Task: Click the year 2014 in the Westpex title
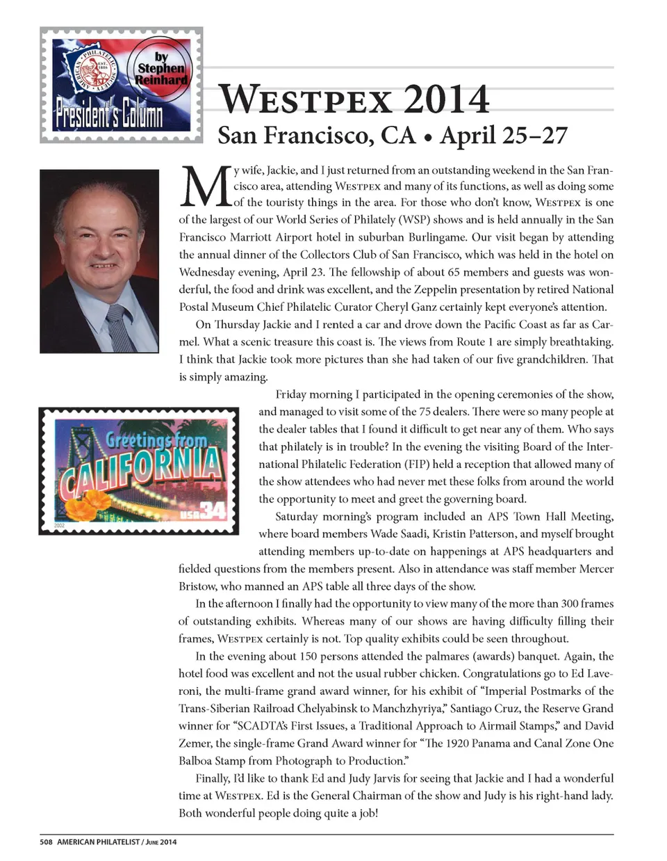point(446,99)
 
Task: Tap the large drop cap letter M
point(204,186)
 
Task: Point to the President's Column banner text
point(109,115)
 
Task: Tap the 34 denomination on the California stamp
point(213,511)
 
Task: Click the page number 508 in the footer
point(46,842)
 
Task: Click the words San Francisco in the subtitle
point(316,135)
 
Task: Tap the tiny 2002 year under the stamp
point(60,526)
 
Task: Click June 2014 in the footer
point(160,842)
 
